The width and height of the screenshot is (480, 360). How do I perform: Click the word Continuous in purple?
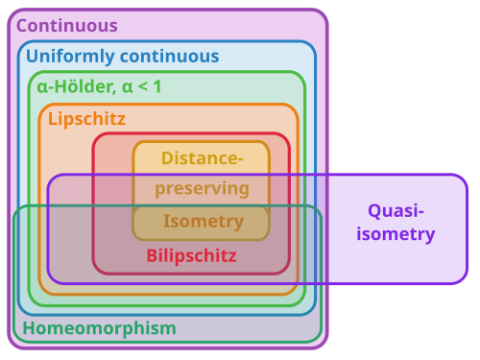pos(67,26)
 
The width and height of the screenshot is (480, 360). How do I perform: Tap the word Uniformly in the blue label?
pos(70,57)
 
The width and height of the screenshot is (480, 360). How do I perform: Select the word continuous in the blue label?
pos(170,56)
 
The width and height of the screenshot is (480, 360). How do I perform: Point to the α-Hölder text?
pos(77,86)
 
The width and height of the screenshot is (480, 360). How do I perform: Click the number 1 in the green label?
pos(157,86)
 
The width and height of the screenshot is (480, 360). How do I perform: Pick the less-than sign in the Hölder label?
pos(143,86)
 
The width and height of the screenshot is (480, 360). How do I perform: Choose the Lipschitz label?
pos(86,119)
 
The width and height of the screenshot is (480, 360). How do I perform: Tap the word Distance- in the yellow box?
pos(203,158)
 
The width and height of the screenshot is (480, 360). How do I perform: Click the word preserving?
pos(203,189)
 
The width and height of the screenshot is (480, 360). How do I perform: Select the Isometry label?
pos(204,222)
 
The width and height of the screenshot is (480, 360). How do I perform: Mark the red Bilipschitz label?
pos(191,256)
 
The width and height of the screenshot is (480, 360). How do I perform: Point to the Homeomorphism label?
pos(100,328)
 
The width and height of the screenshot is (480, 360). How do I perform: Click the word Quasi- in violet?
pos(396,211)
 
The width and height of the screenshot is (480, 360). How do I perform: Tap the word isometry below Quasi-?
pos(396,234)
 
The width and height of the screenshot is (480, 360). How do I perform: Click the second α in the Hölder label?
pos(127,87)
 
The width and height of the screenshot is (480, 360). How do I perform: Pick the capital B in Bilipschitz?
pos(152,255)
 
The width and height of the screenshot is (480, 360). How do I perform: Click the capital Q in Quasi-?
pos(374,211)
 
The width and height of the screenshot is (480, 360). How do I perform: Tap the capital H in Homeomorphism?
pos(29,328)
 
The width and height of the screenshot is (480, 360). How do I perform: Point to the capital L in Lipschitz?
pos(53,119)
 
